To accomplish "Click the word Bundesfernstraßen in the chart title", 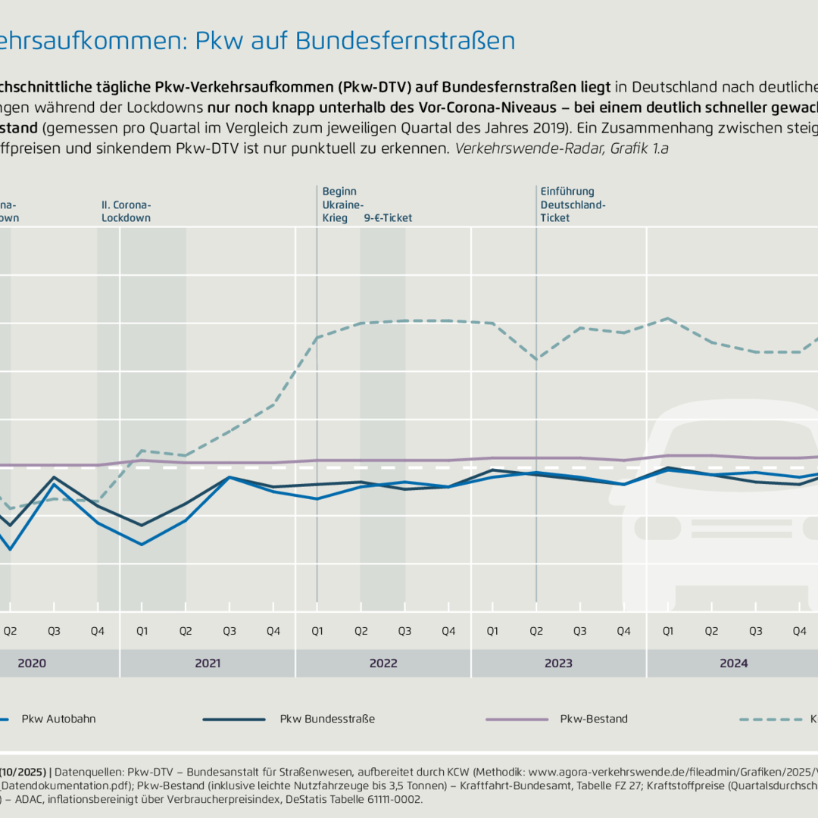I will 405,41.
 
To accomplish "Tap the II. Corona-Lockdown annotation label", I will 126,211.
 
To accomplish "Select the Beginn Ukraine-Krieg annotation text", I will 340,204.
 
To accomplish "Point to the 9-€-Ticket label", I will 388,218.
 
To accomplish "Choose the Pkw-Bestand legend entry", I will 594,719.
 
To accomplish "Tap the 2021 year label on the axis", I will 208,663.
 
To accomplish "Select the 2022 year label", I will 383,663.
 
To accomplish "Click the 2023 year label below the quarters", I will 558,663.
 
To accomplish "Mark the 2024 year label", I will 734,663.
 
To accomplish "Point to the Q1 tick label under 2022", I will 317,631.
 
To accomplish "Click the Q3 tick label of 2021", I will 229,631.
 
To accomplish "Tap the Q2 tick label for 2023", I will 536,631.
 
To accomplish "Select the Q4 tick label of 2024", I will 799,631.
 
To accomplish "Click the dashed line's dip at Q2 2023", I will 536,359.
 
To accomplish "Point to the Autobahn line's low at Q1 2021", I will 142,545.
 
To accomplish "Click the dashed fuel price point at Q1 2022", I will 317,337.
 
